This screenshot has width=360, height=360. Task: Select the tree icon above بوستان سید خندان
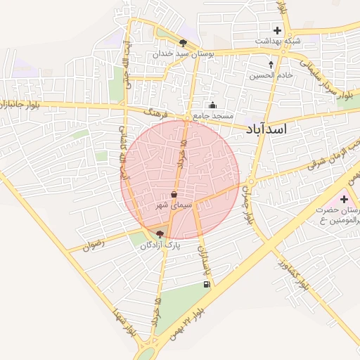coord(184,42)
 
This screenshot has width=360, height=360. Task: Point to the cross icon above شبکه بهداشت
coord(277,30)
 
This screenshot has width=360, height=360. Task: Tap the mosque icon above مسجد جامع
coord(212,104)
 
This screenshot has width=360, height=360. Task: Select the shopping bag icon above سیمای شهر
coord(174,195)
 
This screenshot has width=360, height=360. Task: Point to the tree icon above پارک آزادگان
coord(160,233)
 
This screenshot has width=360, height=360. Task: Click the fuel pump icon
coord(206,284)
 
